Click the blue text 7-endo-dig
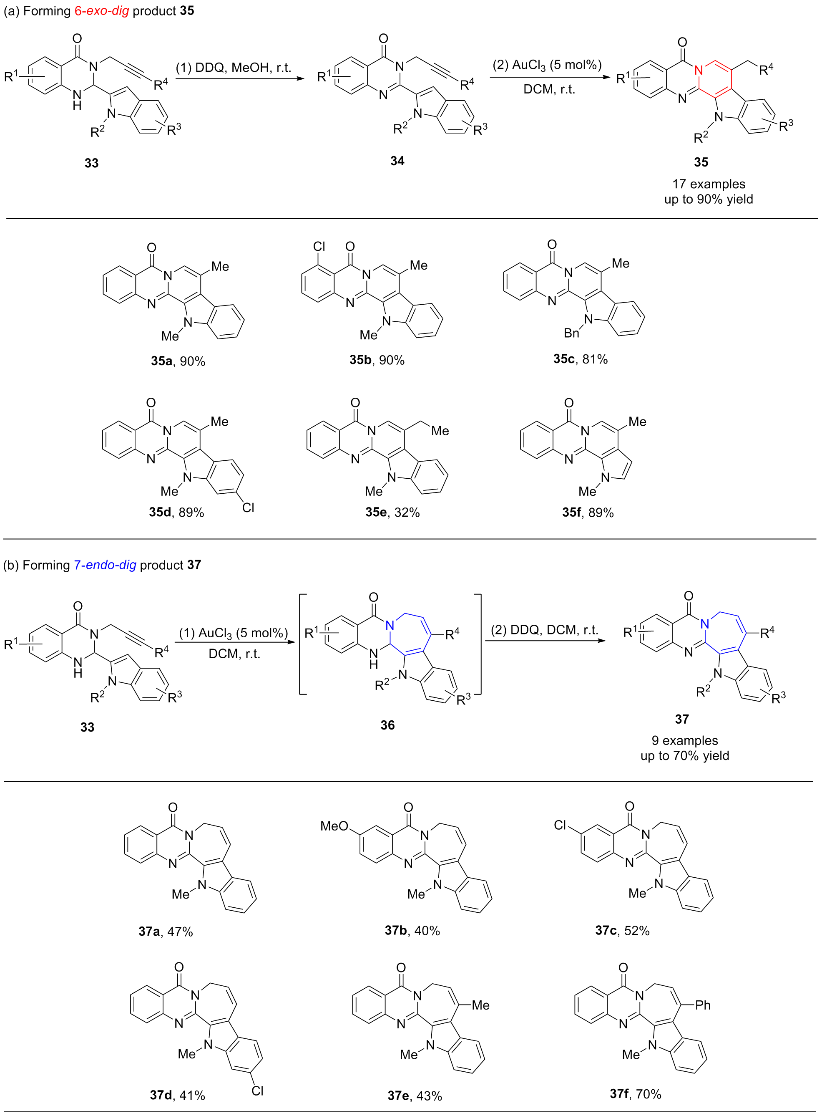105,565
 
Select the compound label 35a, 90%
178,361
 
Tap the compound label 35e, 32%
392,513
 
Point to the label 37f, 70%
636,1093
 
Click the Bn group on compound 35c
572,333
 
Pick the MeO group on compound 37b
334,826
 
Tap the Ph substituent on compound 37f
703,1005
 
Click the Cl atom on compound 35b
319,247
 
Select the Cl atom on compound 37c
560,825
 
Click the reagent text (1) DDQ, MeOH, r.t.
234,68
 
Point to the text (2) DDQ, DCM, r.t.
545,630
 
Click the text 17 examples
709,184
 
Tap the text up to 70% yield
685,755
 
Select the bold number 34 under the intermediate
397,161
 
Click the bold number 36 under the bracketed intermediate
387,725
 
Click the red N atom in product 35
699,70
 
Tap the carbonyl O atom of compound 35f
569,403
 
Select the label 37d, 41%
178,1095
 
